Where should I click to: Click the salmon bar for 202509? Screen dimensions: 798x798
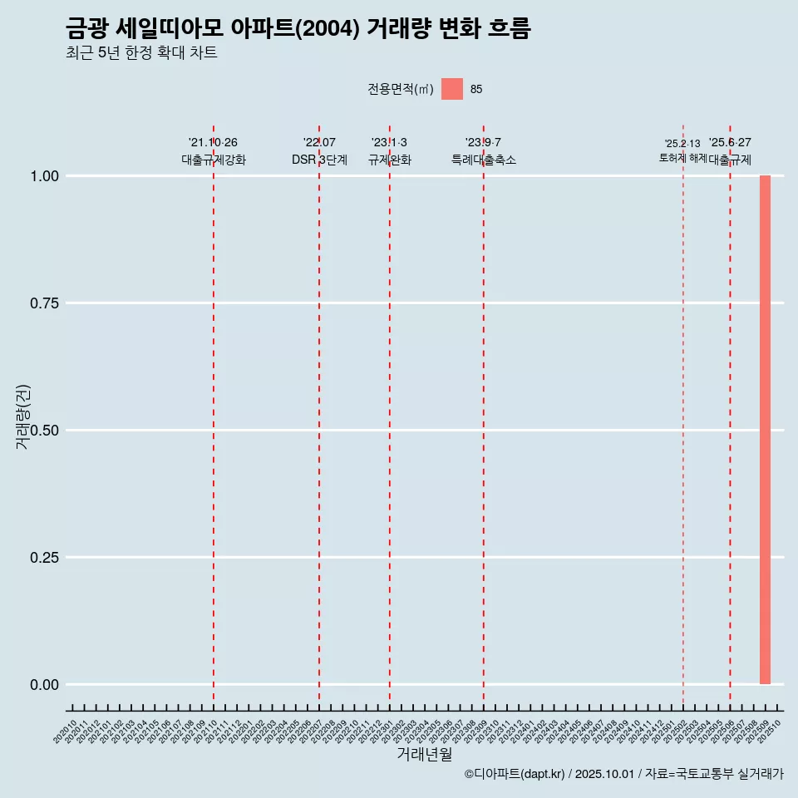pos(765,430)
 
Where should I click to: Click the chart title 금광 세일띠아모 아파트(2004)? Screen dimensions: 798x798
pos(298,29)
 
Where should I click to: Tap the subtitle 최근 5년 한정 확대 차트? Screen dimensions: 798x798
pos(141,53)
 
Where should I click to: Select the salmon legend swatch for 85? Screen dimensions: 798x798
pos(452,89)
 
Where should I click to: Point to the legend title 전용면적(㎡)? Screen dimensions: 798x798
pos(401,89)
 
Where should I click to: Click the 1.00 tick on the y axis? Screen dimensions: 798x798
pos(43,176)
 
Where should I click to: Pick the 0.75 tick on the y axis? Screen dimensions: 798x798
pos(43,303)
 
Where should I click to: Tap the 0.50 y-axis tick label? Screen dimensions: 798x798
pos(43,431)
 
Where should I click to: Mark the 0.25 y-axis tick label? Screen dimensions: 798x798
pos(43,558)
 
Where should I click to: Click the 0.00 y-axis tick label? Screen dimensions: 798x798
pos(43,685)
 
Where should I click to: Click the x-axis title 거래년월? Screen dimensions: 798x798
pos(424,755)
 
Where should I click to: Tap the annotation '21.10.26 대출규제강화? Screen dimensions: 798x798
pos(214,151)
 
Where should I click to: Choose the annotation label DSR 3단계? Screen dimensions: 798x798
pos(319,160)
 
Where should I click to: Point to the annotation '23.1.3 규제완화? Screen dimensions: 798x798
pos(389,151)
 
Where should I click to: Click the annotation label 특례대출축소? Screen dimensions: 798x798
pos(484,160)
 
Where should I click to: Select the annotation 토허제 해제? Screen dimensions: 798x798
pos(682,157)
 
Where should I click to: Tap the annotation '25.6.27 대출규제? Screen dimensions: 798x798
pos(730,151)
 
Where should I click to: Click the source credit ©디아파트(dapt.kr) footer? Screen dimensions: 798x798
pos(623,774)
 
